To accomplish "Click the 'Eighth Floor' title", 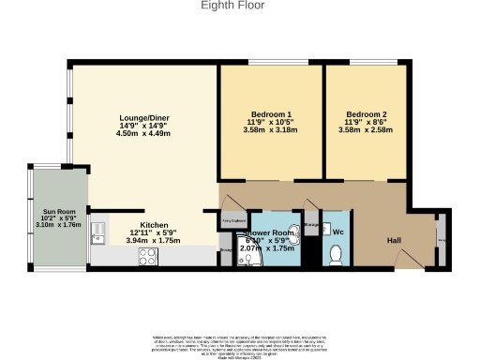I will tap(232, 6).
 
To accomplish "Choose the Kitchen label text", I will tap(154, 225).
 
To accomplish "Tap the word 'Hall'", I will tap(395, 239).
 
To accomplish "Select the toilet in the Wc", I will tap(336, 253).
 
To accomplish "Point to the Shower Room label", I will tap(268, 232).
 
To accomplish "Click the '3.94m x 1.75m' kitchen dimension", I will tap(152, 241).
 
